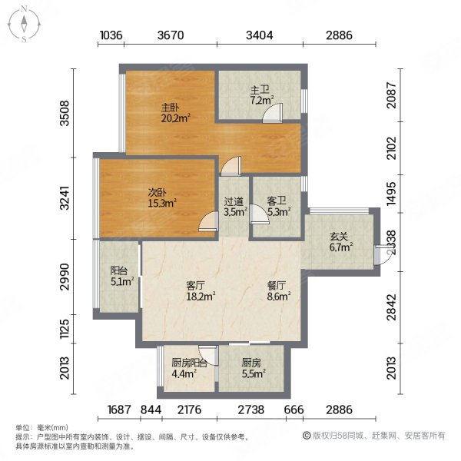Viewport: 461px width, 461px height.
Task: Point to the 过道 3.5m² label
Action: (234, 207)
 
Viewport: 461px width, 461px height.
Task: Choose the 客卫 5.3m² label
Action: (277, 207)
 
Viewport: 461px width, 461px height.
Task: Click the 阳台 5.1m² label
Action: (121, 276)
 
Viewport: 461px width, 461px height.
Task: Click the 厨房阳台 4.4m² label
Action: (189, 368)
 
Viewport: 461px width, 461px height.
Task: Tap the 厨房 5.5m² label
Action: (253, 368)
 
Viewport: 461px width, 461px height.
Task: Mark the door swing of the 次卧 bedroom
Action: (207, 221)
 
